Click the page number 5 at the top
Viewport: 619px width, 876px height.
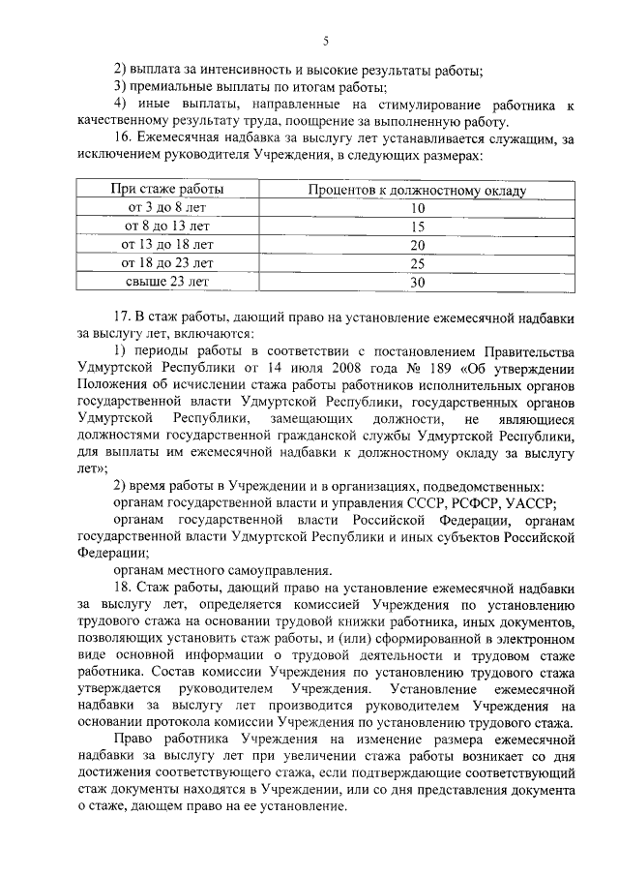coord(326,40)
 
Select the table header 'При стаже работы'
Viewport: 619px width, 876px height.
coord(168,190)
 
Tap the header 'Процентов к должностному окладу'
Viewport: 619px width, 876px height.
coord(417,190)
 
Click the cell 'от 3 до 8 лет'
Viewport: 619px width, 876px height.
coord(167,208)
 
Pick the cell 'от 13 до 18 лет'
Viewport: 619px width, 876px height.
coord(167,245)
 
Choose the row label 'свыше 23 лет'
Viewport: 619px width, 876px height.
coord(167,282)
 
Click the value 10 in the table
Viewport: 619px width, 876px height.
coord(418,208)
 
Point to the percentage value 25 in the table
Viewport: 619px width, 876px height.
coord(418,263)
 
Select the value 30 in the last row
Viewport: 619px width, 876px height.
coord(418,282)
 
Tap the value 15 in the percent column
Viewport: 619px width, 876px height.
coord(418,227)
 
